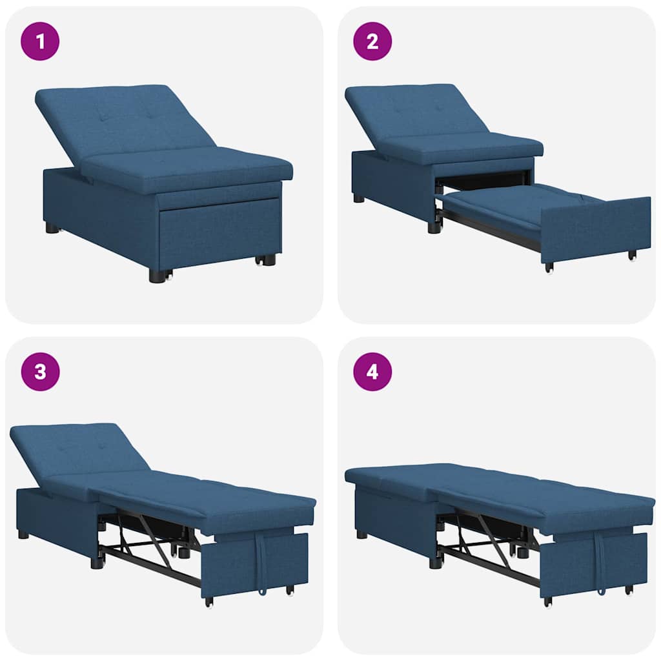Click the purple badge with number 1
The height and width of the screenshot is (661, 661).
(x=40, y=41)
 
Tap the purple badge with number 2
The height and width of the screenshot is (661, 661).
(x=372, y=41)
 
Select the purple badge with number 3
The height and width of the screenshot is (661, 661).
(x=40, y=372)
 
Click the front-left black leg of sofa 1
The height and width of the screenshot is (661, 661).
(x=157, y=276)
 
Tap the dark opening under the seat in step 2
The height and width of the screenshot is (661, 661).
(x=484, y=179)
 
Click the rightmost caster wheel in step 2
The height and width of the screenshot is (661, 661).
(x=633, y=256)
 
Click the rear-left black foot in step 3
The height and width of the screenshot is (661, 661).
(x=23, y=534)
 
